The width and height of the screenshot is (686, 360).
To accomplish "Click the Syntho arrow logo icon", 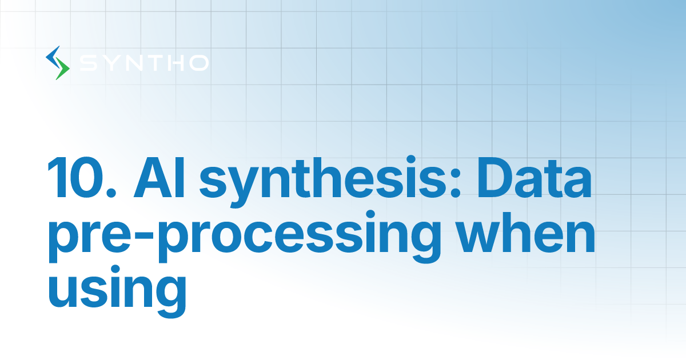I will pos(57,63).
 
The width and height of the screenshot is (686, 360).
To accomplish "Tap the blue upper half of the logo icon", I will pos(54,56).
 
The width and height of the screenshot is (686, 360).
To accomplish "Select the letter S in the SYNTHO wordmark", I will pos(87,63).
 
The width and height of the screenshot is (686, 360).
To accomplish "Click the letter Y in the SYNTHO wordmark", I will pos(110,63).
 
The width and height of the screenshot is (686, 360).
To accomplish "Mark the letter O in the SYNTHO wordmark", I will pos(197,63).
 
